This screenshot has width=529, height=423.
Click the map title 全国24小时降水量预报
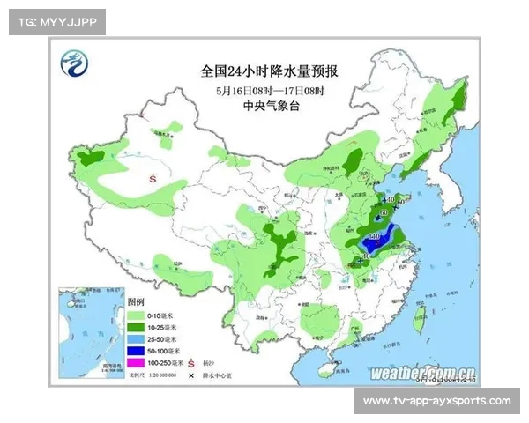click(x=269, y=70)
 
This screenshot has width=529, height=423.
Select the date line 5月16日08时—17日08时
click(x=269, y=90)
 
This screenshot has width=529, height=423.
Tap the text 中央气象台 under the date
click(x=269, y=106)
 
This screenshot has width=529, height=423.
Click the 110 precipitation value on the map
click(x=374, y=236)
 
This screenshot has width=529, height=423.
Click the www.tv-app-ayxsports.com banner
click(x=436, y=401)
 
